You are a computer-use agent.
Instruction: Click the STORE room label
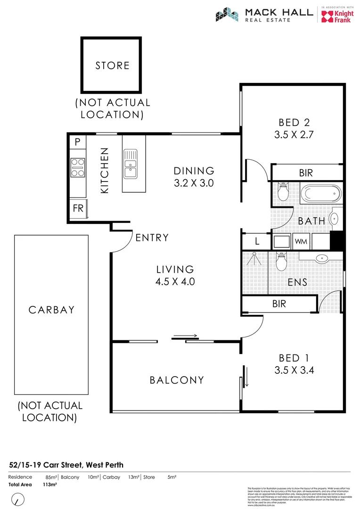point(112,66)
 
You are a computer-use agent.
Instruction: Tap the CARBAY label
point(52,310)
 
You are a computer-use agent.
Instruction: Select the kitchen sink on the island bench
point(130,163)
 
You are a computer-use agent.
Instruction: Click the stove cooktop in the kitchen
point(77,167)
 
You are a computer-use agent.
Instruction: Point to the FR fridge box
point(78,207)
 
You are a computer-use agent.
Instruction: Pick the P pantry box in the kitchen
point(77,142)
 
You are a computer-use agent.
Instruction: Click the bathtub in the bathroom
point(320,193)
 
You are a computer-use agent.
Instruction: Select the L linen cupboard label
point(257,242)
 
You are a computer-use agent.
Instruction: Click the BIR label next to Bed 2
point(306,173)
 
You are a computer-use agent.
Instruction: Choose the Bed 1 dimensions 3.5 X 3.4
point(294,370)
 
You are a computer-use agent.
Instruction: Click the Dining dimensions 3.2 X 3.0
point(194,183)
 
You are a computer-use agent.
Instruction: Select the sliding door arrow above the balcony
point(186,336)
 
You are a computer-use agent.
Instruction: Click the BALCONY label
point(177,380)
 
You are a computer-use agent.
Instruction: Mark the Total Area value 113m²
point(50,484)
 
